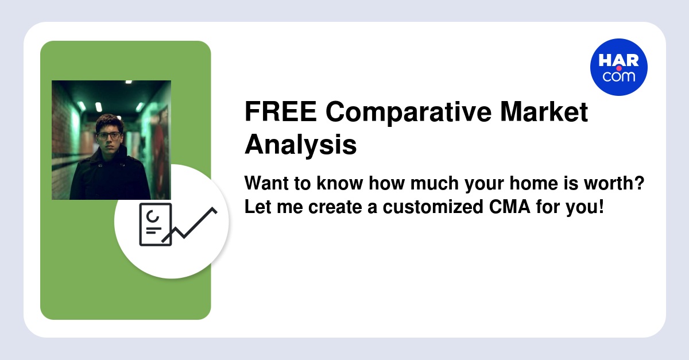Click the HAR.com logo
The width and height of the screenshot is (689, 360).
tap(618, 67)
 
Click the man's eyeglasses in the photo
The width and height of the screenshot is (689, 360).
tap(109, 136)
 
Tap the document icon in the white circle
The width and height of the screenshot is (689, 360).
tap(155, 224)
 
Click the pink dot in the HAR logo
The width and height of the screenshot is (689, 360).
tap(618, 68)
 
